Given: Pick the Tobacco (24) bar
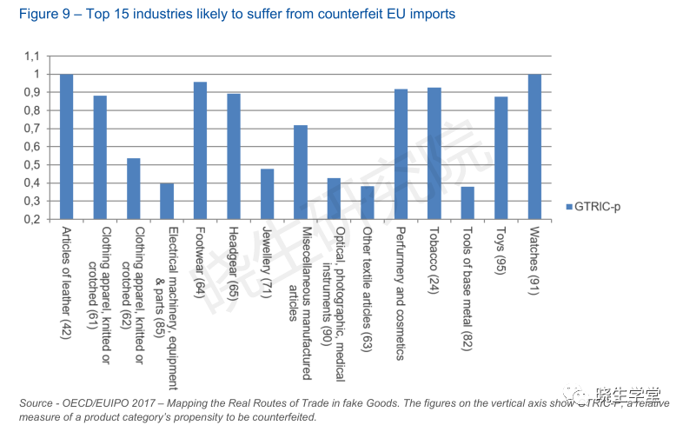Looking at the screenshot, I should (434, 153).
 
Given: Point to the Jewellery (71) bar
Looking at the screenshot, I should (268, 194).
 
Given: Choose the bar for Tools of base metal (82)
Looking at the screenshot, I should (467, 203).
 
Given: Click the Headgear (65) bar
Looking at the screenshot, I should (234, 156).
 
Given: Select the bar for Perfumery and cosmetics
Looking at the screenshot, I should (401, 154).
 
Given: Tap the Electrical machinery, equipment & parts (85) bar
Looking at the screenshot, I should (167, 201).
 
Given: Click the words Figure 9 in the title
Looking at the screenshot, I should (36, 15).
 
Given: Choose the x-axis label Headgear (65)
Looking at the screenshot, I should (234, 262).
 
